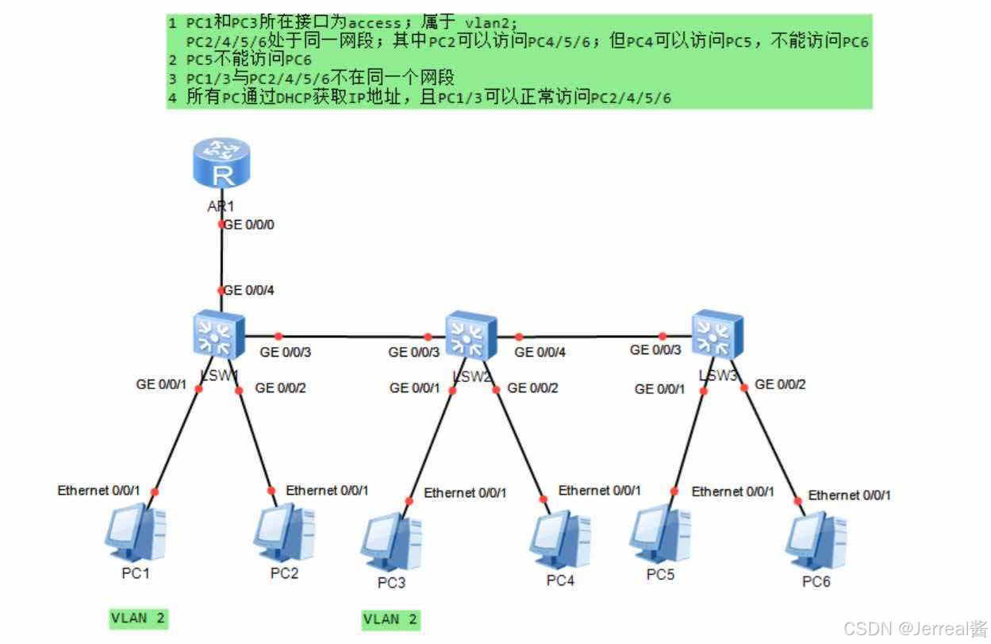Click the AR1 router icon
pyautogui.click(x=221, y=165)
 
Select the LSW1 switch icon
pyautogui.click(x=218, y=334)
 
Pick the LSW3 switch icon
pyautogui.click(x=716, y=334)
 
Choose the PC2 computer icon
pyautogui.click(x=284, y=533)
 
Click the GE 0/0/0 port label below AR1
pyautogui.click(x=249, y=225)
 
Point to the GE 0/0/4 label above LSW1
pyautogui.click(x=249, y=291)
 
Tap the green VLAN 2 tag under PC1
pyautogui.click(x=140, y=618)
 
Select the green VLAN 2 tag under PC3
pyautogui.click(x=391, y=619)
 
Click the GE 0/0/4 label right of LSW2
pyautogui.click(x=540, y=352)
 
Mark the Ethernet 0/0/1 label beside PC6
pyautogui.click(x=849, y=495)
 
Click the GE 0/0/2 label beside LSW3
pyautogui.click(x=780, y=384)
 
